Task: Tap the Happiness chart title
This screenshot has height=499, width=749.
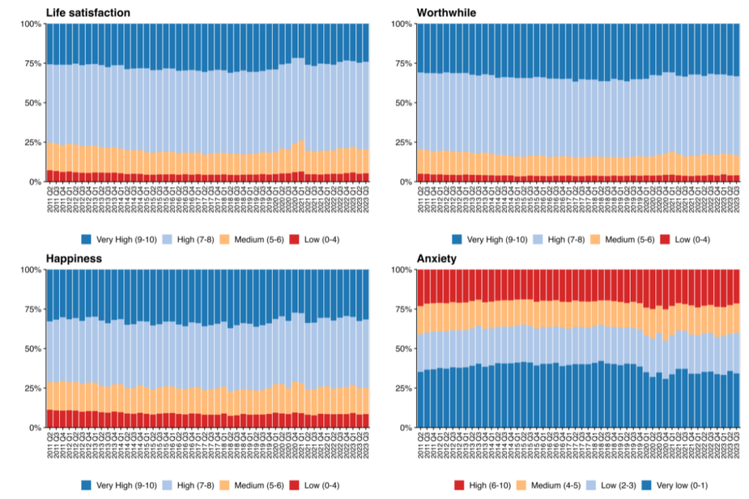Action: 74,259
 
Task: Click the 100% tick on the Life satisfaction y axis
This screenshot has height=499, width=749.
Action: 31,24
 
